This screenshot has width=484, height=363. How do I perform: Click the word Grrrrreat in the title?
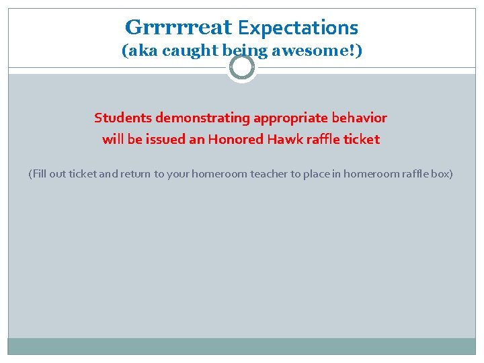point(178,28)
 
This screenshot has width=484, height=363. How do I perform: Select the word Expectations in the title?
point(298,28)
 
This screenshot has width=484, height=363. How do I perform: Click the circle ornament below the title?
point(241,67)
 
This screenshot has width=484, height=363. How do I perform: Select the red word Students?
point(123,118)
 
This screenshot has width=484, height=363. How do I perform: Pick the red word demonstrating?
point(202,118)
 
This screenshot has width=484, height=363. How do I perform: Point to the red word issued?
point(166,140)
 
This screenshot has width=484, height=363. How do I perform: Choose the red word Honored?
point(235,140)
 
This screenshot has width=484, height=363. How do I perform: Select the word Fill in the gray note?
point(38,174)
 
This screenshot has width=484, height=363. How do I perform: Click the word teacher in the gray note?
point(269,174)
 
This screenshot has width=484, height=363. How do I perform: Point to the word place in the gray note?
point(316,174)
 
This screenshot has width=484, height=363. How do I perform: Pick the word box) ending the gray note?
point(442,174)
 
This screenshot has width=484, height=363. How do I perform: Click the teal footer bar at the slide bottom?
point(241,346)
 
